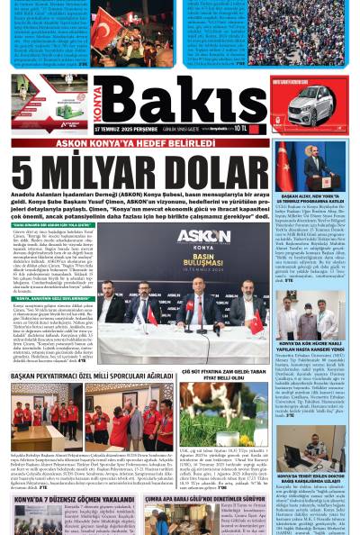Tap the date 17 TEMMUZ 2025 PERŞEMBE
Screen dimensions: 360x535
pos(121,130)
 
